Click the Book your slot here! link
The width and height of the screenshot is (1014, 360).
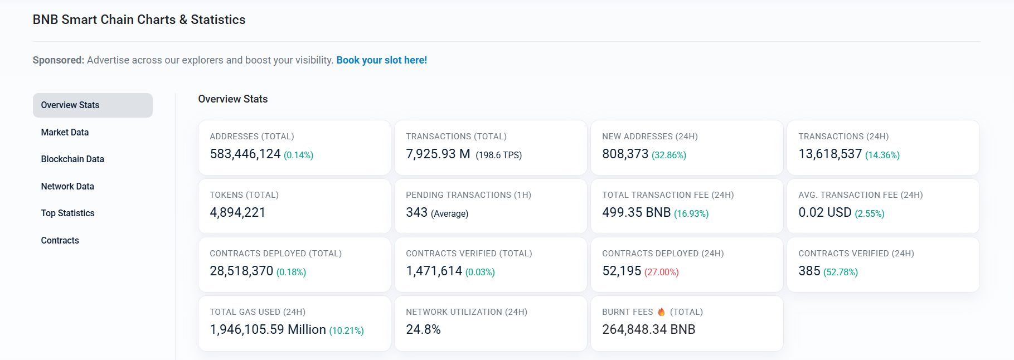(x=381, y=60)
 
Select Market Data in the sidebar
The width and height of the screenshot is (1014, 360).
(x=65, y=132)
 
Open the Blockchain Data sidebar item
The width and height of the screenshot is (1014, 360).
(x=72, y=159)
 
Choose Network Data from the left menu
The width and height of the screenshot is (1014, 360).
(x=67, y=186)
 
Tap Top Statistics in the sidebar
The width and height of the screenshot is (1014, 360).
(x=67, y=213)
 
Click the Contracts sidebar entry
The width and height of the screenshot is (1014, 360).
(x=60, y=241)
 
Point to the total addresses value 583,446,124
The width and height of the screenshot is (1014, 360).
(x=245, y=154)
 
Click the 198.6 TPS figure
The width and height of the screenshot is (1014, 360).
(x=498, y=155)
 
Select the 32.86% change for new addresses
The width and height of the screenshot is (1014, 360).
(x=668, y=155)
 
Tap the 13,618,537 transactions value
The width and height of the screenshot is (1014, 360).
(x=829, y=154)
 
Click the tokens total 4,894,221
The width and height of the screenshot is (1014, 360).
(x=237, y=213)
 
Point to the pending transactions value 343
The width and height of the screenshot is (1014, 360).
(x=416, y=213)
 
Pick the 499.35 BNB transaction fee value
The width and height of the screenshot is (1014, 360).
(x=636, y=213)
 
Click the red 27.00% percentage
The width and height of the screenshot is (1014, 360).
(x=661, y=273)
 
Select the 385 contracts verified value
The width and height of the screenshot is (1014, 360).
(x=809, y=271)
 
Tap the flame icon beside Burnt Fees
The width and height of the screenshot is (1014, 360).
(x=661, y=312)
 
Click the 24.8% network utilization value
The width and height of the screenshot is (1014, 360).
(x=423, y=330)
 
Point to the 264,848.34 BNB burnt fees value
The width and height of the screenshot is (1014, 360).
(x=648, y=330)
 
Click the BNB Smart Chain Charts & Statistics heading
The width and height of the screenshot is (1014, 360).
(x=139, y=20)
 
